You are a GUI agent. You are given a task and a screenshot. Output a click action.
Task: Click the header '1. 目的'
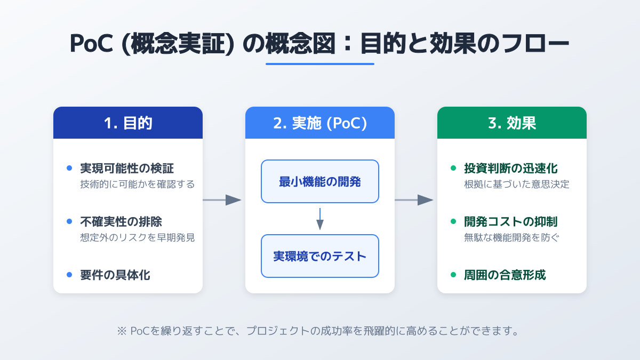click(x=128, y=123)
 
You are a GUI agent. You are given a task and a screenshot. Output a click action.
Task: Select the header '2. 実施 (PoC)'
click(x=320, y=123)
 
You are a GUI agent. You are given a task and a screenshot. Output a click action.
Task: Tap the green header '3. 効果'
click(x=512, y=123)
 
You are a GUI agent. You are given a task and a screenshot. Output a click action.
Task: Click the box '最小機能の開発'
click(x=320, y=181)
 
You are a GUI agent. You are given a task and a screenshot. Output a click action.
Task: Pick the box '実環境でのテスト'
click(x=320, y=256)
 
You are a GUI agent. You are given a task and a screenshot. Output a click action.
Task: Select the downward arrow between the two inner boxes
click(x=320, y=219)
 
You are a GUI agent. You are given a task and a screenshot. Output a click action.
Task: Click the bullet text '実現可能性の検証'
click(x=126, y=169)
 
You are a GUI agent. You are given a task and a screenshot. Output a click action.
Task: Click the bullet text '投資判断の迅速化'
click(x=510, y=169)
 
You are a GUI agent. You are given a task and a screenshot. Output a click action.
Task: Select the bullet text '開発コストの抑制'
click(x=510, y=221)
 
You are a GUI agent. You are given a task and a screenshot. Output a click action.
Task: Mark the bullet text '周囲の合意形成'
click(x=505, y=275)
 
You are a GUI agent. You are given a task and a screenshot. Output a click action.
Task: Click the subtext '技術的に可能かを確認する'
click(x=137, y=185)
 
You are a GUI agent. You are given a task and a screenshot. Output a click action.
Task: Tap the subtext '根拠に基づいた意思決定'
click(x=517, y=185)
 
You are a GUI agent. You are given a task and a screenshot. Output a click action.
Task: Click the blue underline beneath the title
click(x=320, y=64)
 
